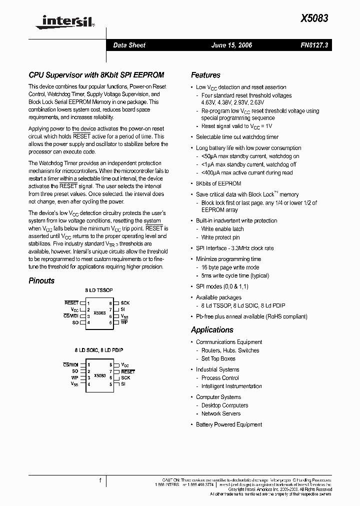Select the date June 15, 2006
tap(232, 45)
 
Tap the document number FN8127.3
tap(314, 45)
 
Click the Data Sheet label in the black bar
tap(129, 45)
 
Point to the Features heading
tap(205, 75)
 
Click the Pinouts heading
tap(41, 280)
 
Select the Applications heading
tap(212, 329)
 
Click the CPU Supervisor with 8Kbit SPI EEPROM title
tap(96, 75)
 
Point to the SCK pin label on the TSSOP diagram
tap(125, 303)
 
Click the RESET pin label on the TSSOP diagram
tap(71, 303)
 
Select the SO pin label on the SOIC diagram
tap(75, 371)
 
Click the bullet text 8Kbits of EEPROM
tap(218, 184)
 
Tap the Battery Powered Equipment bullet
tap(229, 424)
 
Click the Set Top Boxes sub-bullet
tap(218, 358)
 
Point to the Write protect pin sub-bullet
tap(220, 237)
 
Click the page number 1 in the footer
tap(100, 480)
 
